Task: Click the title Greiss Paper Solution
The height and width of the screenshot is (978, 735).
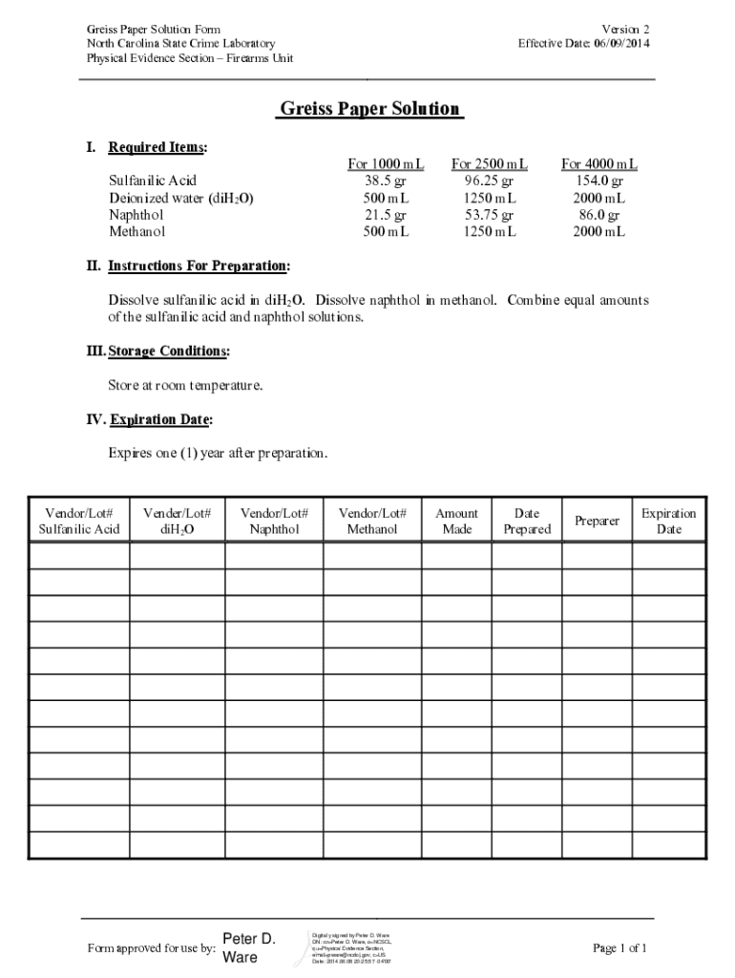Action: (369, 109)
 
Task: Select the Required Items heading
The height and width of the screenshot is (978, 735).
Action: (157, 147)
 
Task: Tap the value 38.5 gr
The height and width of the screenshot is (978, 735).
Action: (386, 181)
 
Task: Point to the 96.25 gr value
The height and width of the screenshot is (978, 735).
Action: (489, 181)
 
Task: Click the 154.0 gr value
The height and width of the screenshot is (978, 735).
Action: (599, 181)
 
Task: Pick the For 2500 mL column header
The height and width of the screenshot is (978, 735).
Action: (489, 164)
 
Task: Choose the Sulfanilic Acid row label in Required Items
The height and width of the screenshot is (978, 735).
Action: (153, 181)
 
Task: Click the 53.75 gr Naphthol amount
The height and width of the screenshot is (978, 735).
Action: (489, 215)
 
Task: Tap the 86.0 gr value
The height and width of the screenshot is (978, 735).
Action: (599, 215)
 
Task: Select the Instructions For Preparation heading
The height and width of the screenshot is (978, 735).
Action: (199, 266)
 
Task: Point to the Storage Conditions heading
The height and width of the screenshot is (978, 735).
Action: (168, 351)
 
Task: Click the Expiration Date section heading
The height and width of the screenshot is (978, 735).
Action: (161, 419)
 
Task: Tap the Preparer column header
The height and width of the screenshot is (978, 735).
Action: (597, 521)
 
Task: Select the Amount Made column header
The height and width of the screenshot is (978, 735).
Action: (456, 521)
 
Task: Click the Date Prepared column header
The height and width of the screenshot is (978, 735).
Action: (527, 521)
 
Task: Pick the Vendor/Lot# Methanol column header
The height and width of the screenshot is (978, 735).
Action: (372, 521)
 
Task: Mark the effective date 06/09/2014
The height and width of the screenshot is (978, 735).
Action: (621, 44)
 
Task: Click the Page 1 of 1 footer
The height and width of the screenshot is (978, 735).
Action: (619, 948)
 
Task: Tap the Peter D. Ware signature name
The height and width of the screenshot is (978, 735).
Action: (248, 947)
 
